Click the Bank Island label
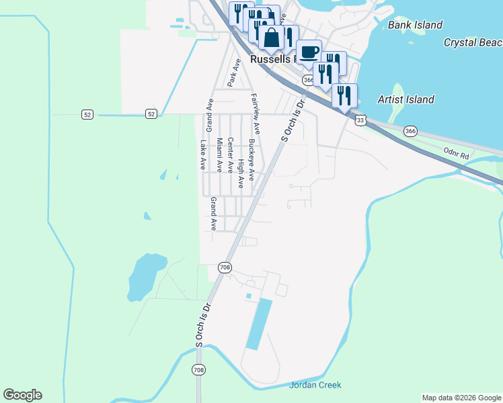(x=416, y=25)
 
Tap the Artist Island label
(x=406, y=99)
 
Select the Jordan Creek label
(x=315, y=385)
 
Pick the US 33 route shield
(x=362, y=120)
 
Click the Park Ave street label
(x=233, y=73)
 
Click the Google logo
(x=22, y=395)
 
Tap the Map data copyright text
(x=461, y=398)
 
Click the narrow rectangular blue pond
(x=260, y=324)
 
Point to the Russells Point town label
(x=273, y=59)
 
